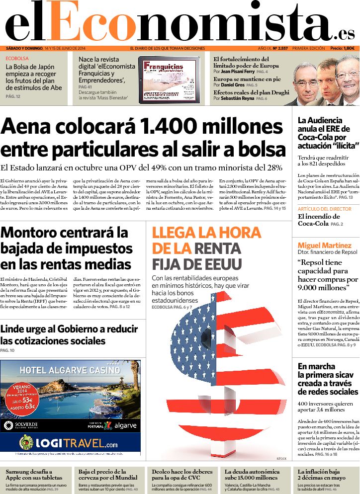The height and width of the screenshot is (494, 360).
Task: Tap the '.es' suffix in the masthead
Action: [345, 33]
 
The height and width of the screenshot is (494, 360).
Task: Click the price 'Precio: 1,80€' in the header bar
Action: [343, 48]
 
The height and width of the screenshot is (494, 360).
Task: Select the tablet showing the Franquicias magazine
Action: [169, 80]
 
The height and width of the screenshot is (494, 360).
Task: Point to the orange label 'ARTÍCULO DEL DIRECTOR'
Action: [324, 209]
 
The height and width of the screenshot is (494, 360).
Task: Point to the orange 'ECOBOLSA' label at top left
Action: [17, 58]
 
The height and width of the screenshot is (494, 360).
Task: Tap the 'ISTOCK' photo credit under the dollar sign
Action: [281, 458]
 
